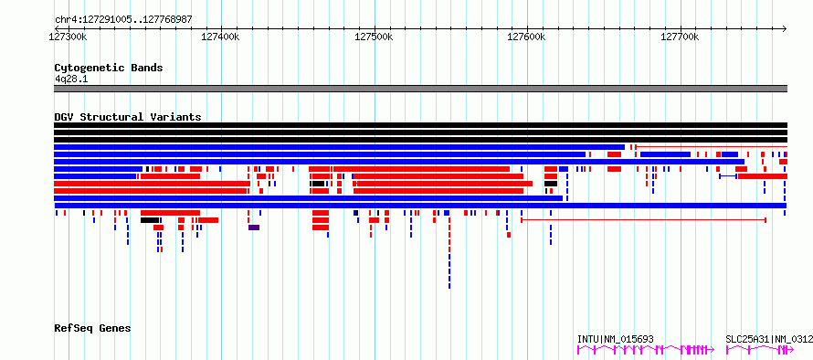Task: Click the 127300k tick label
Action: pos(69,37)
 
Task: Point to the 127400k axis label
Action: pos(221,37)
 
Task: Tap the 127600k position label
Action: pos(527,37)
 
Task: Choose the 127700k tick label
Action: pos(680,37)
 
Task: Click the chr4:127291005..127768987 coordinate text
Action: pos(123,19)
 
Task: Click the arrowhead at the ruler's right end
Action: pos(785,28)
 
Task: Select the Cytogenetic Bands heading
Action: pos(109,68)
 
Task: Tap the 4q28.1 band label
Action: pos(69,79)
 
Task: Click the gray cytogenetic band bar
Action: pos(420,89)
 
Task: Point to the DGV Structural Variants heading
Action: pos(128,117)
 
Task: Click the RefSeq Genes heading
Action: pos(92,328)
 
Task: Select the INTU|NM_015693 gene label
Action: pos(616,339)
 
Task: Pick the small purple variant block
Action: pos(254,228)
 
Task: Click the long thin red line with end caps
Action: pos(643,220)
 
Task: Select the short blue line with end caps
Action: pos(728,176)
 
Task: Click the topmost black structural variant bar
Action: pos(420,125)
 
